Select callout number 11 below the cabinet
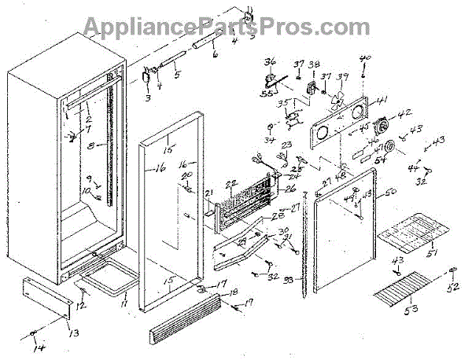tap(123, 299)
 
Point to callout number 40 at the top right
tap(364, 59)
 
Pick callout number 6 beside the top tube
tap(213, 57)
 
